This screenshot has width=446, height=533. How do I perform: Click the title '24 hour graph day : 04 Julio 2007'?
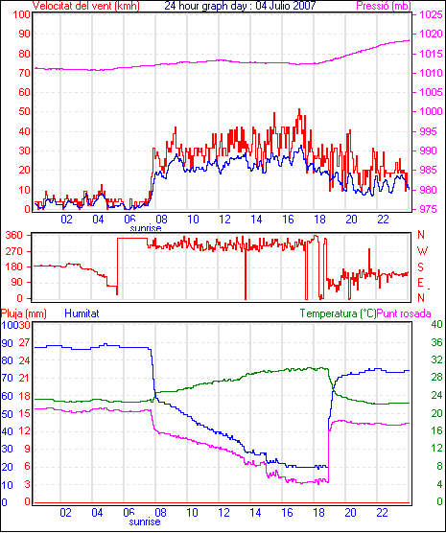click(240, 6)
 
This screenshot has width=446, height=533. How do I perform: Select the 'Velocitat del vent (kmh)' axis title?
click(86, 6)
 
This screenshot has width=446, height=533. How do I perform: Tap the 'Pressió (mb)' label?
click(384, 6)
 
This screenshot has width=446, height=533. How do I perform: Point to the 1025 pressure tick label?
click(432, 14)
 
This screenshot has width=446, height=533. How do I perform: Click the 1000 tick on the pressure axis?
click(432, 111)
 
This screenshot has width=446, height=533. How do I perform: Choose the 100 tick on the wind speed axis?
click(22, 15)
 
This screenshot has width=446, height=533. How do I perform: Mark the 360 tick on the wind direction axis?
click(14, 235)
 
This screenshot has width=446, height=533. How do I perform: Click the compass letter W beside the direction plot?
click(422, 251)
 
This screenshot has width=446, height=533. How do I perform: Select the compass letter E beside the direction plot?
click(420, 283)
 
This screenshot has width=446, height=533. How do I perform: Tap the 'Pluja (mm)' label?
click(23, 313)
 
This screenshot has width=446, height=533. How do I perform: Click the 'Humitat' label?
click(82, 313)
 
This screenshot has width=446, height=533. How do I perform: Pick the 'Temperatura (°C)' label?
click(339, 313)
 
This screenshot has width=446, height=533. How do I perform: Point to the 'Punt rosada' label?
click(404, 313)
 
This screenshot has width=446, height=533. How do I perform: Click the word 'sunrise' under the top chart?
click(146, 228)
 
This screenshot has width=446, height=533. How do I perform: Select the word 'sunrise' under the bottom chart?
click(145, 521)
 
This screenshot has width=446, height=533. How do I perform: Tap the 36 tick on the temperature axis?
click(436, 342)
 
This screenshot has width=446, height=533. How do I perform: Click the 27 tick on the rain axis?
click(24, 342)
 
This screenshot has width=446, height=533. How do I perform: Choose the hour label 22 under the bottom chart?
click(382, 512)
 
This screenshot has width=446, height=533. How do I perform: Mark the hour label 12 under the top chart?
click(224, 220)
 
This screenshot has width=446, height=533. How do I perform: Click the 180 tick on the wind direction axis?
click(14, 266)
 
